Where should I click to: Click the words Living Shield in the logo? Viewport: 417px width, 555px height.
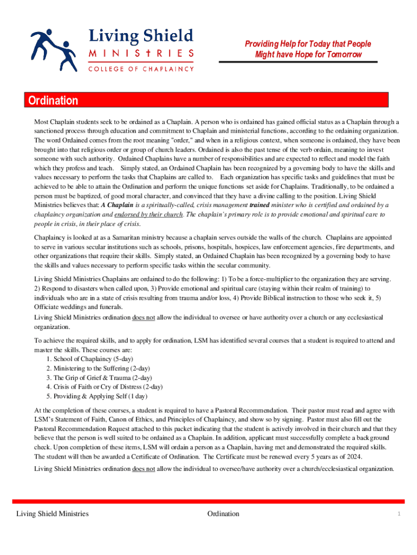[140, 36]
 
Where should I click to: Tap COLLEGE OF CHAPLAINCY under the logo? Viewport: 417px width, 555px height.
[141, 69]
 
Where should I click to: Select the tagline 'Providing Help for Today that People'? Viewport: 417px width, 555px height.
[308, 44]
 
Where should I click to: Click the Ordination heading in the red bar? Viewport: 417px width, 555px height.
[51, 101]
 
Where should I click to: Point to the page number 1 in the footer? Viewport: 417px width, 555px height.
[398, 514]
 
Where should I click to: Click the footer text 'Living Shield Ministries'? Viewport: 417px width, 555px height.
[53, 514]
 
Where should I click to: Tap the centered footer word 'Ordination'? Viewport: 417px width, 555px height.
[223, 514]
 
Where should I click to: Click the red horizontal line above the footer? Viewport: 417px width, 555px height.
[208, 501]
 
